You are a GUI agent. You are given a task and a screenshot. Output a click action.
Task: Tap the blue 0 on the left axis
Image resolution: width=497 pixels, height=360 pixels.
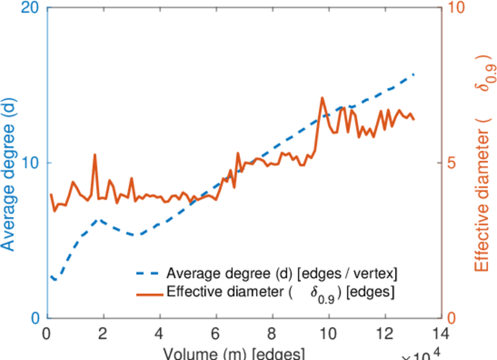pyautogui.click(x=35, y=318)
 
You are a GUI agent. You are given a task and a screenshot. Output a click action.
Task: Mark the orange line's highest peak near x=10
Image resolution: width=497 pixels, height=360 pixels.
pyautogui.click(x=323, y=98)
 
